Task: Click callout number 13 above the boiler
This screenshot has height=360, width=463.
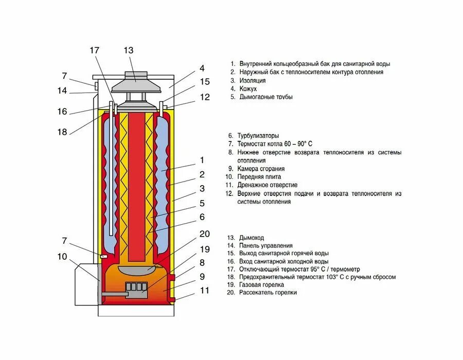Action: click(x=129, y=50)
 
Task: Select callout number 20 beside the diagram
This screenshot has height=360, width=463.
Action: click(x=205, y=234)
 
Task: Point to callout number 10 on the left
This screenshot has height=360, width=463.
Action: click(x=62, y=257)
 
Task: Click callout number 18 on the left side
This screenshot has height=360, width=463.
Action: click(x=62, y=132)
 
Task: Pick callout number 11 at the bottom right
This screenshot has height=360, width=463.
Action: click(x=205, y=291)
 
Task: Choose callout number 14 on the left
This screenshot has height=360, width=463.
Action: click(x=62, y=91)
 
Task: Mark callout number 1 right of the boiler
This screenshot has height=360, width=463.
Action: click(x=202, y=160)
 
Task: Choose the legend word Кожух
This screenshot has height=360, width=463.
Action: click(x=248, y=88)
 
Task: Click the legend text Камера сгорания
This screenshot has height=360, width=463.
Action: click(x=261, y=169)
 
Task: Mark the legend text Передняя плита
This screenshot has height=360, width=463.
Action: click(x=259, y=177)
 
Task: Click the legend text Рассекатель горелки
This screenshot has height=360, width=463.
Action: click(x=268, y=292)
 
